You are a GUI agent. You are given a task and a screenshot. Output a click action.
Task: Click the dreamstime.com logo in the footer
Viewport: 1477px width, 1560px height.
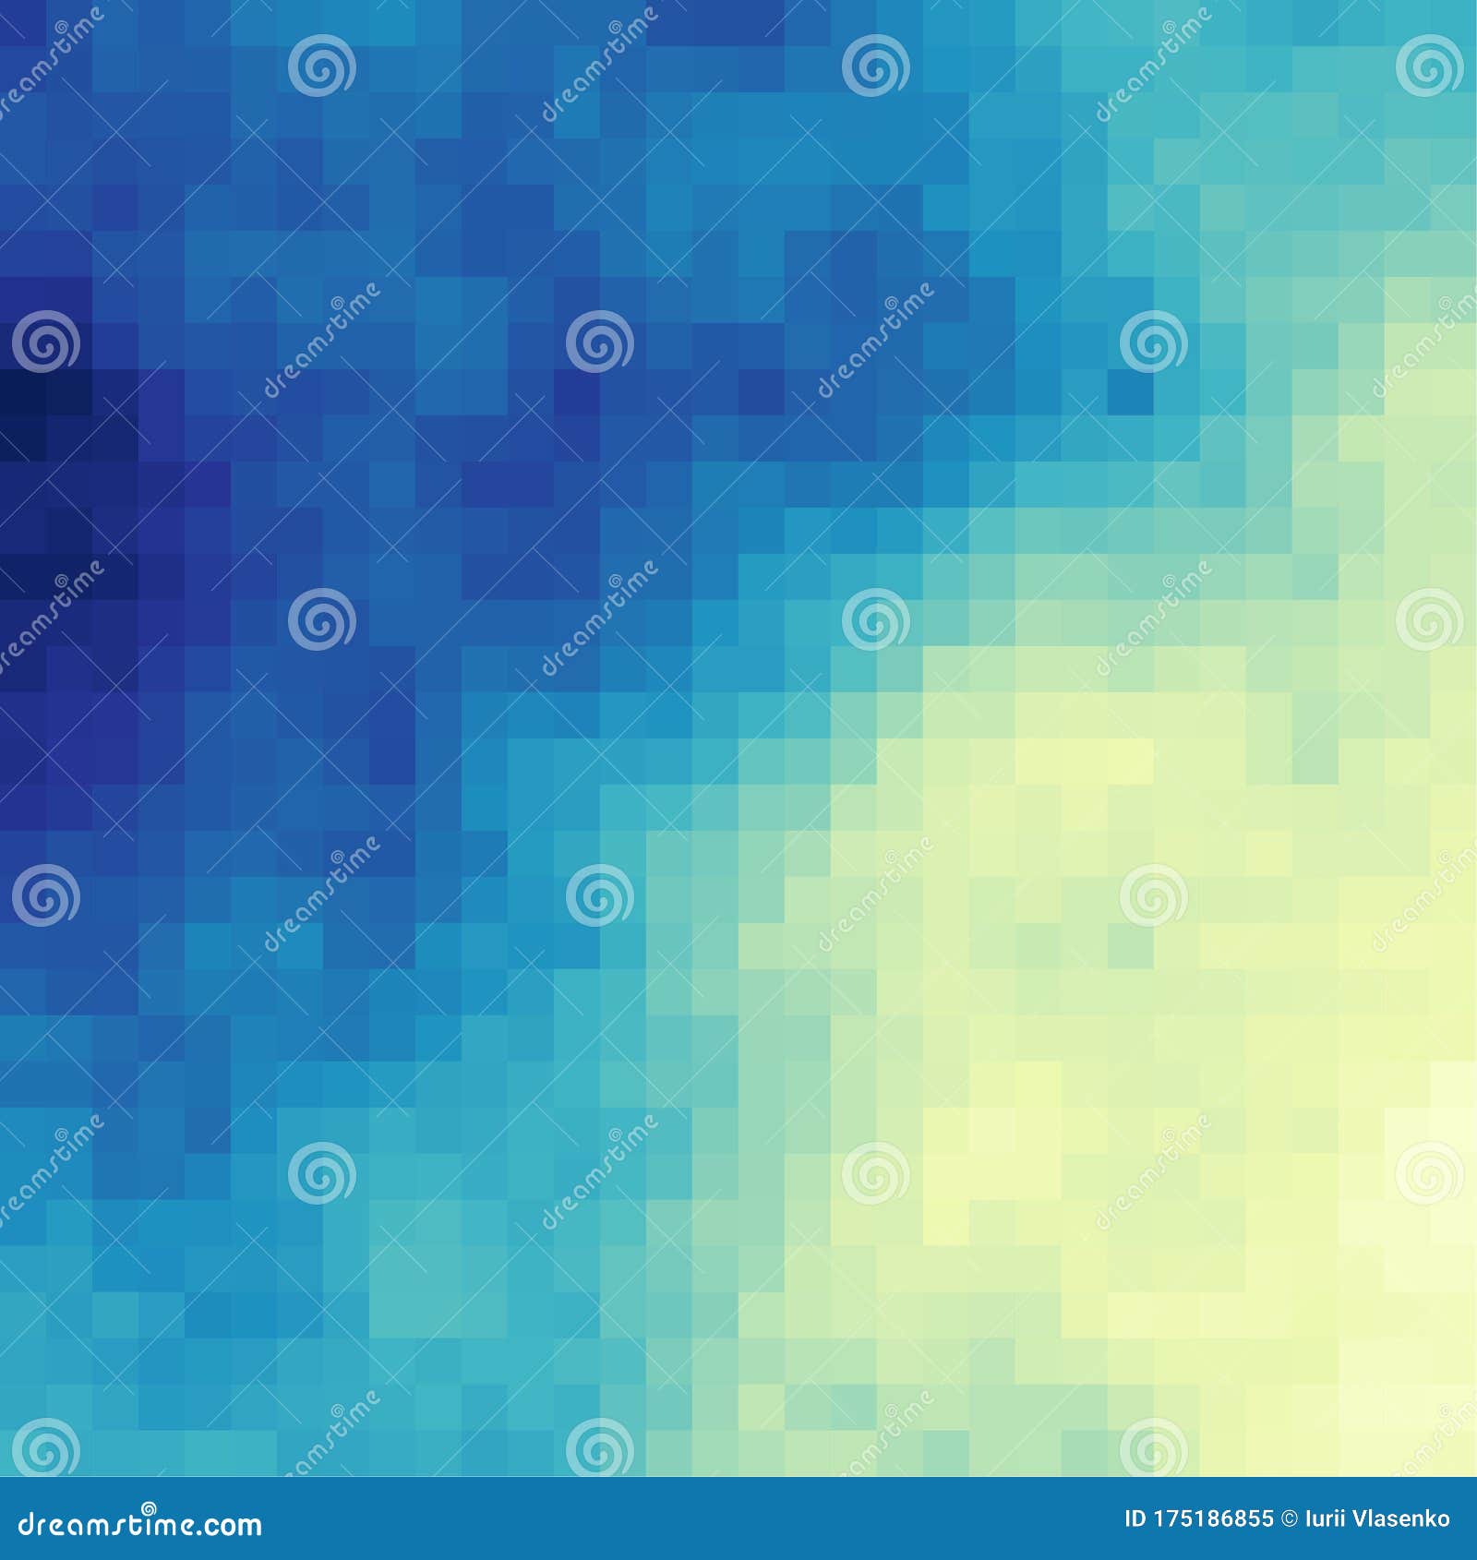tap(139, 1525)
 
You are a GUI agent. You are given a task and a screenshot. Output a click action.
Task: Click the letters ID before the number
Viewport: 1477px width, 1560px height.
tap(1136, 1519)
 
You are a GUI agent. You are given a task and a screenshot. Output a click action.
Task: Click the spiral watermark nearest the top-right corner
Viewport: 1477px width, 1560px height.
tap(1429, 66)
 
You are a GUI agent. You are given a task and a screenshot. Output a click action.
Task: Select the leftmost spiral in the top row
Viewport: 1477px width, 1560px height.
tap(321, 66)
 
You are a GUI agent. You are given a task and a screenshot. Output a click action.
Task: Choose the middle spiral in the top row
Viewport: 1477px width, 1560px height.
tap(875, 66)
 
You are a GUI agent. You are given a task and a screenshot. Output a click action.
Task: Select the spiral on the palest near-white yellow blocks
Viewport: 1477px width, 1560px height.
tap(1429, 1173)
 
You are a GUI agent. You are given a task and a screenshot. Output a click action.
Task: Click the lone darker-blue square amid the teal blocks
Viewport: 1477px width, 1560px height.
tap(1130, 392)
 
